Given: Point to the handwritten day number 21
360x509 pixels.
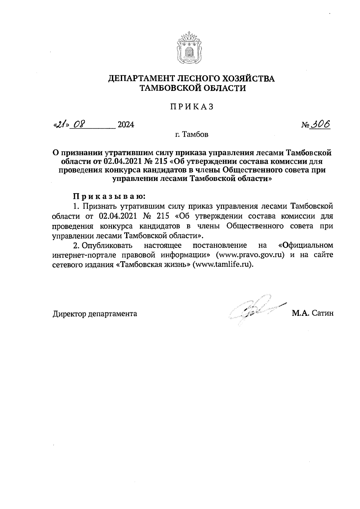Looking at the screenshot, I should [60, 124].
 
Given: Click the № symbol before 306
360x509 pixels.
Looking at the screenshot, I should [306, 125].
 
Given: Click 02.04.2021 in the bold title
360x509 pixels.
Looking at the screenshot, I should [120, 162].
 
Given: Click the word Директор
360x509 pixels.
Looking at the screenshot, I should [69, 314].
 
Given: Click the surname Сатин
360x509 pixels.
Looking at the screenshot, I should [322, 313].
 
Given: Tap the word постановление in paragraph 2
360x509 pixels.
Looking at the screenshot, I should [219, 245].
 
